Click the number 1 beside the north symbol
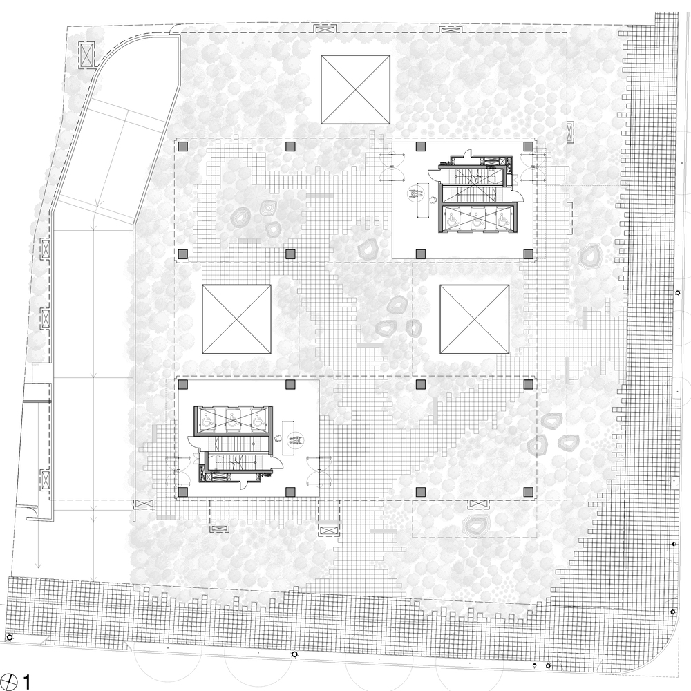tap(27, 683)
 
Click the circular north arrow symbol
tap(8, 681)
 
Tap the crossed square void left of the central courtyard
tap(236, 319)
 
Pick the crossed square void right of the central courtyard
tap(475, 319)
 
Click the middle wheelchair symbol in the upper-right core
tap(475, 220)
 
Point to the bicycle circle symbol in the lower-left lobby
tap(295, 437)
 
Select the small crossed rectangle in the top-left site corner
tap(86, 55)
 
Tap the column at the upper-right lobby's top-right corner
tap(528, 146)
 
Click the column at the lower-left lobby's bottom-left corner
tap(183, 491)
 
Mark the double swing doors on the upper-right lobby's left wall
tap(388, 164)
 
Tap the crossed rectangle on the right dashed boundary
tap(569, 131)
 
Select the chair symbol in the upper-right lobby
tap(433, 200)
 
